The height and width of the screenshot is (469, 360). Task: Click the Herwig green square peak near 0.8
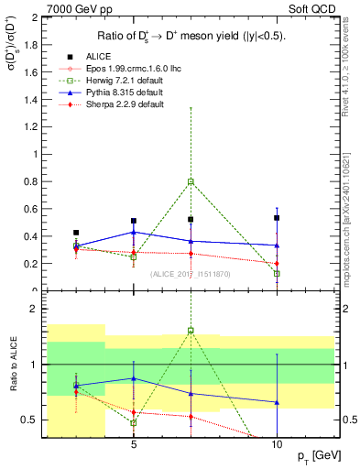point(191,181)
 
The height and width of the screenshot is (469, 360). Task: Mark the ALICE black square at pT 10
point(277,218)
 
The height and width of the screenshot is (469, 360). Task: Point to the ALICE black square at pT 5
point(134,221)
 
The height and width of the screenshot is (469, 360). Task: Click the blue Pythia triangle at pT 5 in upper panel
point(134,232)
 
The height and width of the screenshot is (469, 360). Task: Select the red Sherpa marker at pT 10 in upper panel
point(277,264)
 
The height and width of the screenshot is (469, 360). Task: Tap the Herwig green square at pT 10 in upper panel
point(277,273)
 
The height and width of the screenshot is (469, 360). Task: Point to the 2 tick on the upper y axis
point(38,18)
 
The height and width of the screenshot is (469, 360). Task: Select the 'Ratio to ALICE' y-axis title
point(11,364)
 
